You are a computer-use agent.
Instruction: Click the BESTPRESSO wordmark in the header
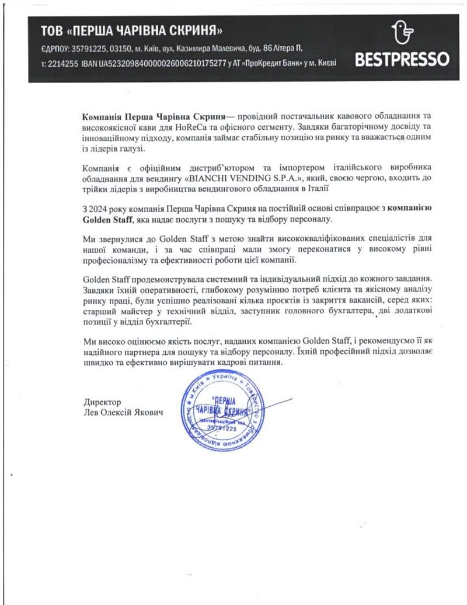point(402,60)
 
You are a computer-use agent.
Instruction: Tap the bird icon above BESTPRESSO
point(402,34)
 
